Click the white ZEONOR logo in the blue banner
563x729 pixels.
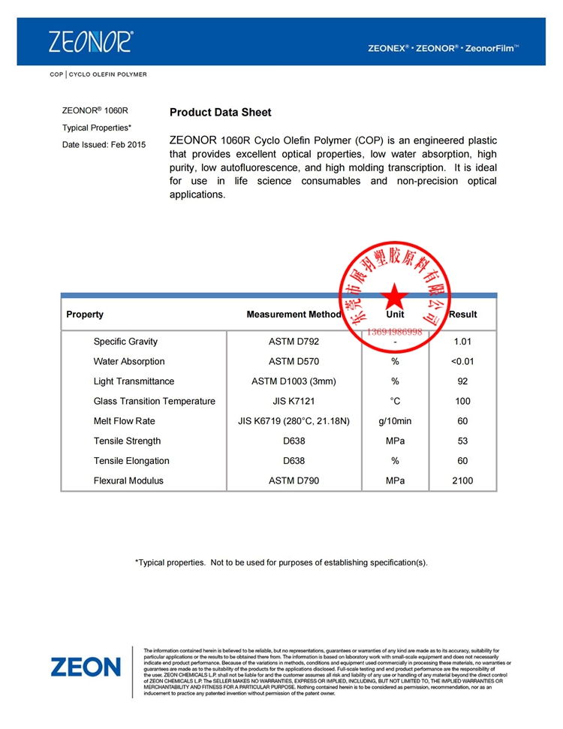click(x=90, y=41)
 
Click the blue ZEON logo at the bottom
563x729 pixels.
click(x=86, y=666)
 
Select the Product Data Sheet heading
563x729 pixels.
click(x=220, y=113)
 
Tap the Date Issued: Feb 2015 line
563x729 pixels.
click(x=104, y=144)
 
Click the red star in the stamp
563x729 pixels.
click(x=394, y=297)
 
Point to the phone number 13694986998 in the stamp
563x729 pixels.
click(x=394, y=331)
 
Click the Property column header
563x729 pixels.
click(x=85, y=315)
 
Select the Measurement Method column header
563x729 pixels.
click(x=294, y=315)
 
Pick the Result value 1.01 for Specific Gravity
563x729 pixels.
click(x=462, y=342)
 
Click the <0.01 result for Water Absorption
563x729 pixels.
click(x=462, y=361)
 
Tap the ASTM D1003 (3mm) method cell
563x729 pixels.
click(x=294, y=381)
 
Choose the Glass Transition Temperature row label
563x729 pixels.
click(x=154, y=401)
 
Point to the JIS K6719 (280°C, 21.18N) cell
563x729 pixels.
click(x=294, y=421)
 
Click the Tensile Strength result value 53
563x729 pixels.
click(x=462, y=441)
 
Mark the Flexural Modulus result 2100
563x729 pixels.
click(x=462, y=480)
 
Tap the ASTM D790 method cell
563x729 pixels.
click(x=294, y=480)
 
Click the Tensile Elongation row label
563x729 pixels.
click(x=131, y=461)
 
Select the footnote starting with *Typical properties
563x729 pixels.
click(x=281, y=562)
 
